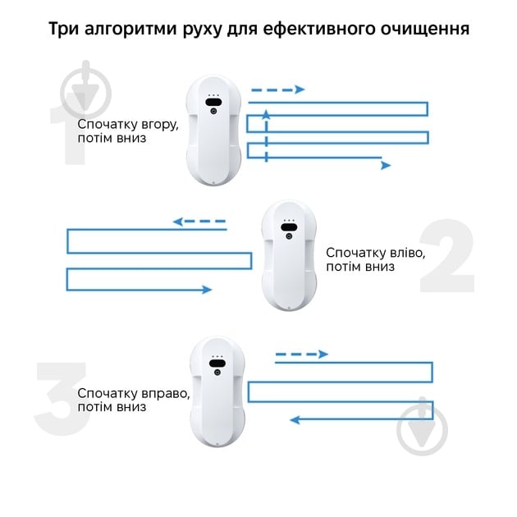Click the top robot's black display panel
215,101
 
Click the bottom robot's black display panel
217,362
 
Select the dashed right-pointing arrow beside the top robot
277,89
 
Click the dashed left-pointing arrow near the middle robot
199,221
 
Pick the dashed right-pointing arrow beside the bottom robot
300,354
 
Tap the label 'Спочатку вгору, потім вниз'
125,131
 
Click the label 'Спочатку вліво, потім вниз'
376,259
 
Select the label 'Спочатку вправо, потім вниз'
134,400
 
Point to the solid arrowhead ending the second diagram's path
206,290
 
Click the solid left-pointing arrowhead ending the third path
295,419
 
